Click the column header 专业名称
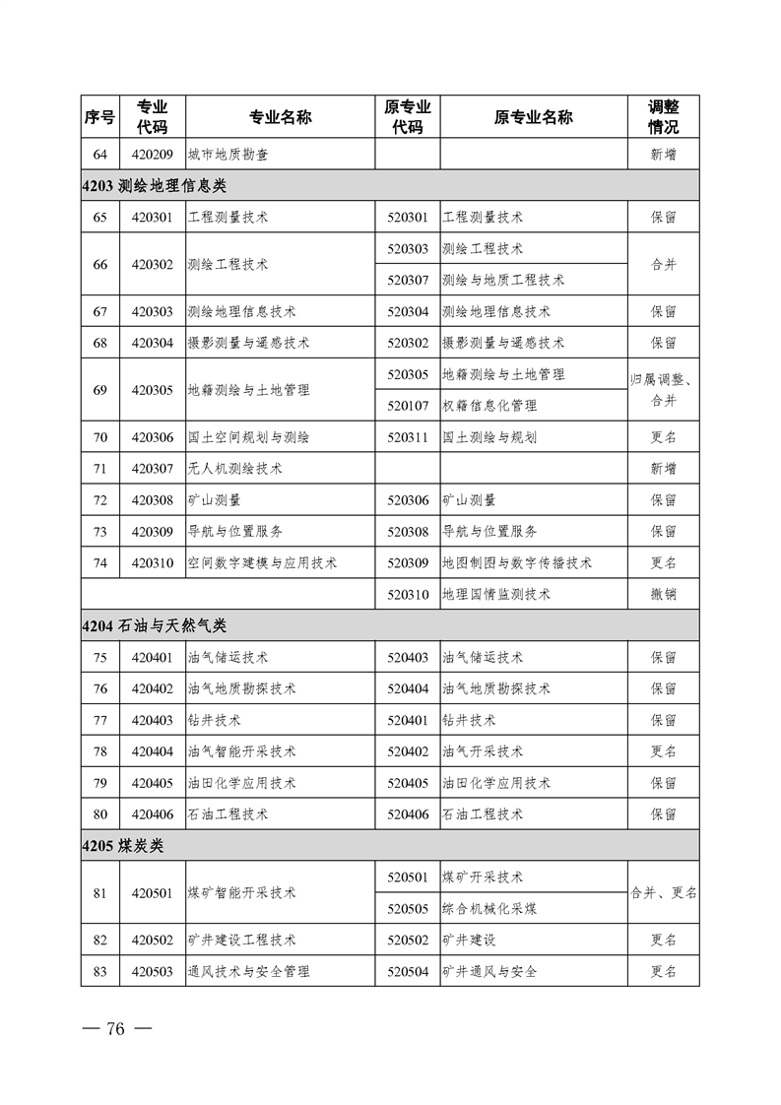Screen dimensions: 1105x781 click(280, 117)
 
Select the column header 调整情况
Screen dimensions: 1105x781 click(663, 117)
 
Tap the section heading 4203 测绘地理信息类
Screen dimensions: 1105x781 click(158, 185)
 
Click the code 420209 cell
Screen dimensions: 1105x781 click(152, 154)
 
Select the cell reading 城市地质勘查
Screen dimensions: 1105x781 click(228, 154)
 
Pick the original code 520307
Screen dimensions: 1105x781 click(408, 280)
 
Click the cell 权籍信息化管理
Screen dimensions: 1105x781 click(489, 406)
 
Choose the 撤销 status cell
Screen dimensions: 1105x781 click(663, 595)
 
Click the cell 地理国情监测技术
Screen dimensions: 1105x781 click(496, 595)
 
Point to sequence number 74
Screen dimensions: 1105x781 click(99, 563)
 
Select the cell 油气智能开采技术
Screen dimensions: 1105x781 click(241, 751)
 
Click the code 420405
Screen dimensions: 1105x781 click(152, 783)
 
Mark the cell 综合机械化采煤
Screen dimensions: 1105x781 click(489, 909)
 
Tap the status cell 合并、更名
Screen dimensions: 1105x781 click(663, 893)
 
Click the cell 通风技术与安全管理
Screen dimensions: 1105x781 click(248, 972)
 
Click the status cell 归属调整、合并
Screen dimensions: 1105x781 click(663, 390)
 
